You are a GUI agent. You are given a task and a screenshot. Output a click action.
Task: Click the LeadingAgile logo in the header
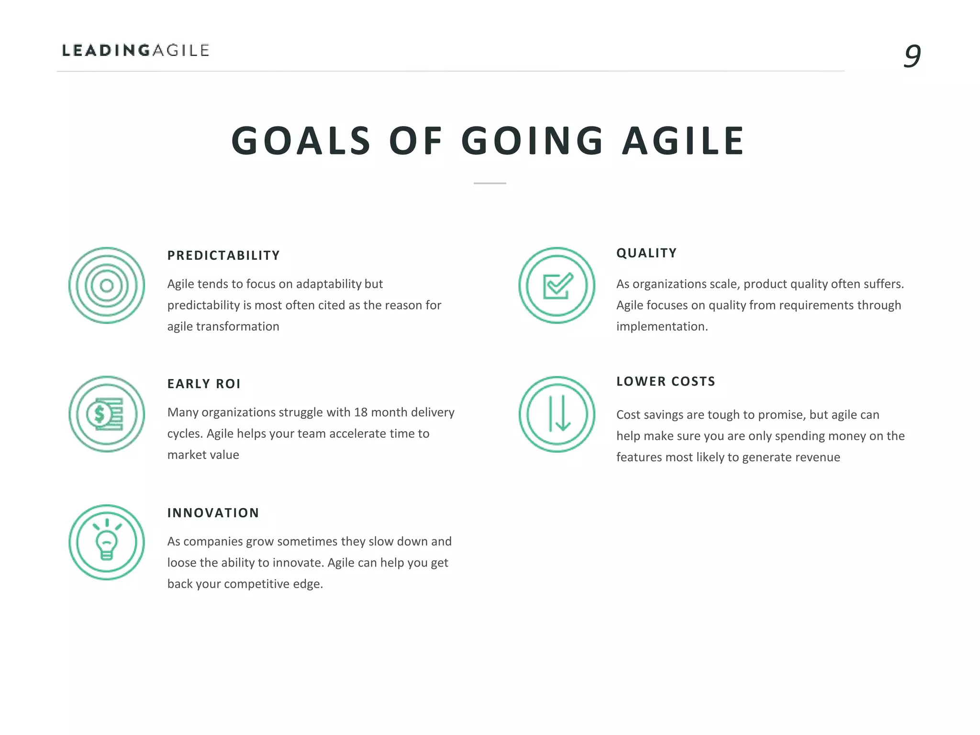point(136,50)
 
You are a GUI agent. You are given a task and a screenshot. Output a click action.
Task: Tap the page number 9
point(912,56)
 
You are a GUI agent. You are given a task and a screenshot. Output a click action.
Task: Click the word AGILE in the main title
point(683,141)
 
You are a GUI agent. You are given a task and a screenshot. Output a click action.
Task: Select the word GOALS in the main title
point(301,141)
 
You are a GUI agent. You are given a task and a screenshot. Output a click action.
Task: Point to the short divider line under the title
point(490,183)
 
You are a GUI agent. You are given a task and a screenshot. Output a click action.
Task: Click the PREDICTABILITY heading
point(223,256)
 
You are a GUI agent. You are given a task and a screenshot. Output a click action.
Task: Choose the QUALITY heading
point(646,253)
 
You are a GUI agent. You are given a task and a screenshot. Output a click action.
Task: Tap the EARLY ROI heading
point(204,384)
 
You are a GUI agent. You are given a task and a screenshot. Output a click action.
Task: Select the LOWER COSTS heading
point(666,381)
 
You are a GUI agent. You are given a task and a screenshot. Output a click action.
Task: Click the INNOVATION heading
point(213,513)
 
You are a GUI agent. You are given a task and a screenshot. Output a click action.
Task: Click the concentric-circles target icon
point(107,286)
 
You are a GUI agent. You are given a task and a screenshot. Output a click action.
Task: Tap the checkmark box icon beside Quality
point(557,286)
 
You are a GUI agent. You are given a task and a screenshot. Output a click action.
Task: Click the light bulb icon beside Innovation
point(107,542)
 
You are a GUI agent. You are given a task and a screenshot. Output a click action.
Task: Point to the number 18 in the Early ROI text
point(361,412)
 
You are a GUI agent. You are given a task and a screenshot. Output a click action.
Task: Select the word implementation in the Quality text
point(662,327)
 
